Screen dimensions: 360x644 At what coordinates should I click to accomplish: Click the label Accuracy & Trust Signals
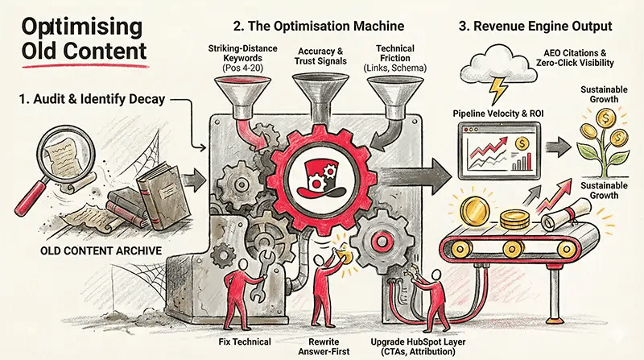(321, 56)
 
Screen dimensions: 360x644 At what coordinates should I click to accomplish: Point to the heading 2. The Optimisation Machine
(329, 25)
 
